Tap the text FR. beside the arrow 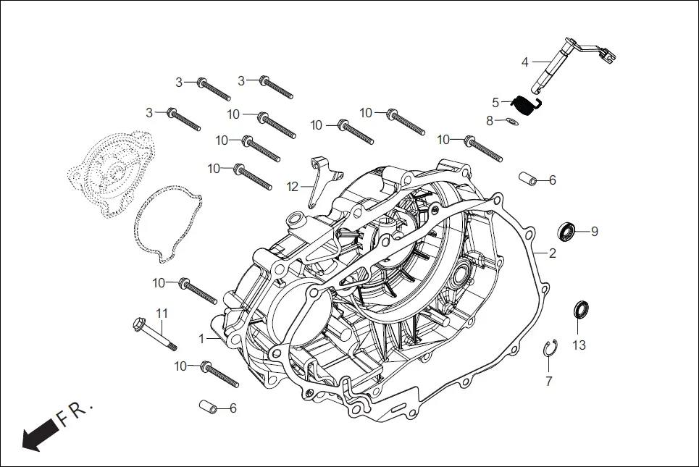pos(75,413)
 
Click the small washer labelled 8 pos(511,122)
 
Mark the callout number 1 pos(203,339)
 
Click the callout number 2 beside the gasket pos(552,253)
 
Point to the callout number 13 pos(579,345)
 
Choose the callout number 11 pos(162,313)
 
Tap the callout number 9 pos(594,232)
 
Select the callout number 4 pos(525,62)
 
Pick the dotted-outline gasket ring pos(167,222)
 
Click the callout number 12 pos(292,187)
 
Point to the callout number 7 pos(548,381)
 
